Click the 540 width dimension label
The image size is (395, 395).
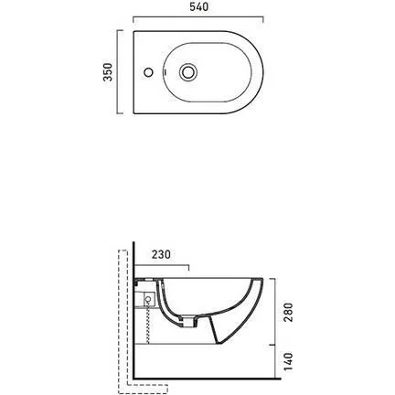(199, 7)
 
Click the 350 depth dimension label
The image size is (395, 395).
(108, 72)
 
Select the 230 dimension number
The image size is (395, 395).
(161, 254)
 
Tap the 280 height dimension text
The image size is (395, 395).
(288, 312)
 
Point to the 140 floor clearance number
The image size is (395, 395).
(288, 361)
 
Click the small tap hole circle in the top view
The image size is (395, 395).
(148, 72)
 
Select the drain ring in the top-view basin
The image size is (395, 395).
(188, 72)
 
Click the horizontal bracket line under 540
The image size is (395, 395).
(198, 17)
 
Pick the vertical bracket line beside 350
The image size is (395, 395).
(119, 72)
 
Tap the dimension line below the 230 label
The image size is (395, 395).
(162, 265)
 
